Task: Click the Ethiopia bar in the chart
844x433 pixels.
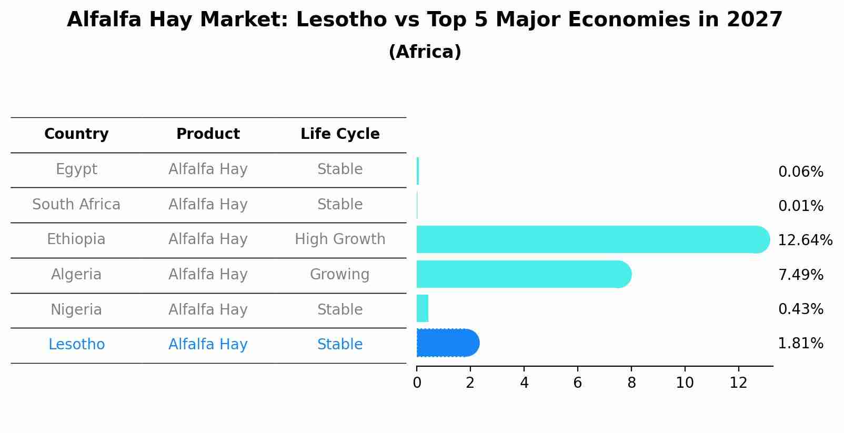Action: (x=589, y=239)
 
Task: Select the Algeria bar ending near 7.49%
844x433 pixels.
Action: (x=521, y=274)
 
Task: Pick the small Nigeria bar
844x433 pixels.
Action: (x=423, y=308)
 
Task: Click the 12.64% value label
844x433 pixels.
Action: (x=805, y=240)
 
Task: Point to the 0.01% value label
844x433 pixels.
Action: (x=800, y=206)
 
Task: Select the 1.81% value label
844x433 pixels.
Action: (x=800, y=344)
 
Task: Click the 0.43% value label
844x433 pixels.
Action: (x=800, y=309)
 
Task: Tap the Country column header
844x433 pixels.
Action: (x=76, y=134)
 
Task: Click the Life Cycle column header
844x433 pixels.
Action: (x=340, y=134)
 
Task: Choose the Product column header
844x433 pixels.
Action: (x=208, y=134)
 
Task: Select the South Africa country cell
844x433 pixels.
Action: (x=76, y=205)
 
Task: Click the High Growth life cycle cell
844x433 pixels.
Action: (x=340, y=239)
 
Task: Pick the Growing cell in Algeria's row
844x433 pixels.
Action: (x=340, y=275)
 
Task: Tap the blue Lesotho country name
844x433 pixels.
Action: (x=76, y=345)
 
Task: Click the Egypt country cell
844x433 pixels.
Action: (x=76, y=169)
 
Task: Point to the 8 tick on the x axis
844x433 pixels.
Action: (x=631, y=383)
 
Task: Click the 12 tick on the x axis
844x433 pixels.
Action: (x=738, y=383)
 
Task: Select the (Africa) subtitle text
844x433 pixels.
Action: (x=425, y=52)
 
